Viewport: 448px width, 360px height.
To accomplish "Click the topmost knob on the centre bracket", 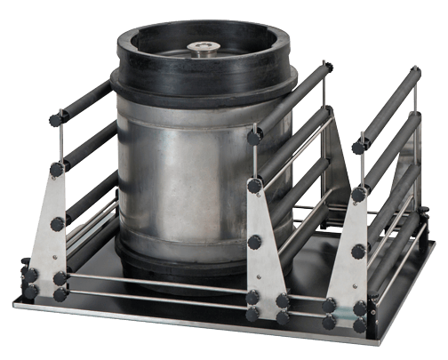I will [x=254, y=138].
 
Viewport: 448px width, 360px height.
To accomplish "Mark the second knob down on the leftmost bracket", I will [x=57, y=169].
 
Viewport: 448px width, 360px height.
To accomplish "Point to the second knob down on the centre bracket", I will [x=254, y=186].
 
